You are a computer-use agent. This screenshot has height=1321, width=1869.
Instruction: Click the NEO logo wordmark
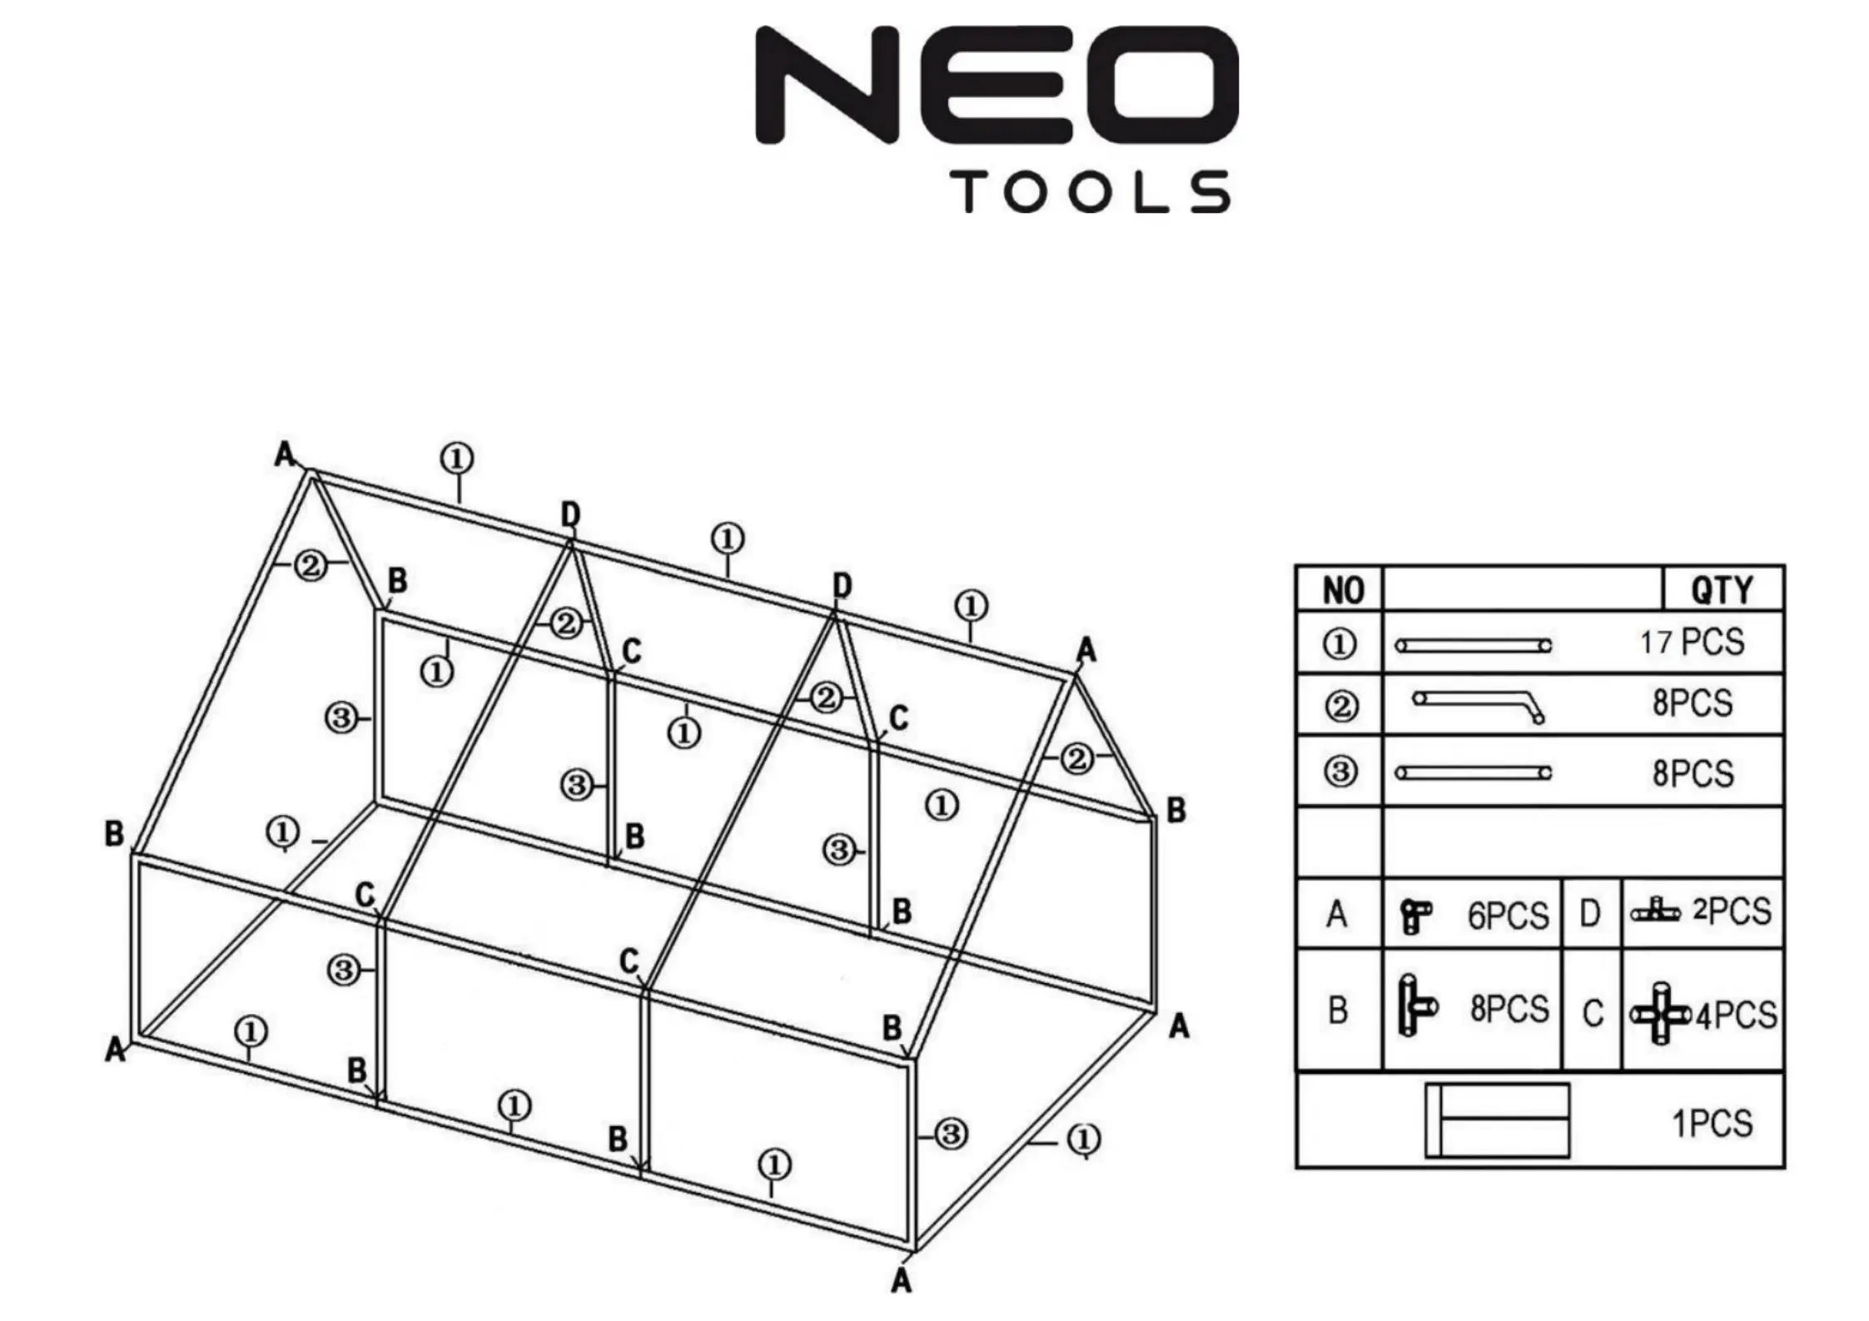997,84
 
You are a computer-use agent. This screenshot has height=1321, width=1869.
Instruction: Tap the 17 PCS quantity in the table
1692,643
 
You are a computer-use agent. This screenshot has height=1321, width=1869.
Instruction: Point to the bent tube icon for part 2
1479,706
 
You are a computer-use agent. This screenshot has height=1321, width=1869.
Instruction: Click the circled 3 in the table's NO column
1340,772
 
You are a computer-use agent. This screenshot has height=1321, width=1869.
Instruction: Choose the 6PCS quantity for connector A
1508,916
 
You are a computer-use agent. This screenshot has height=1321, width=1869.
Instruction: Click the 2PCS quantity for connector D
1732,911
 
